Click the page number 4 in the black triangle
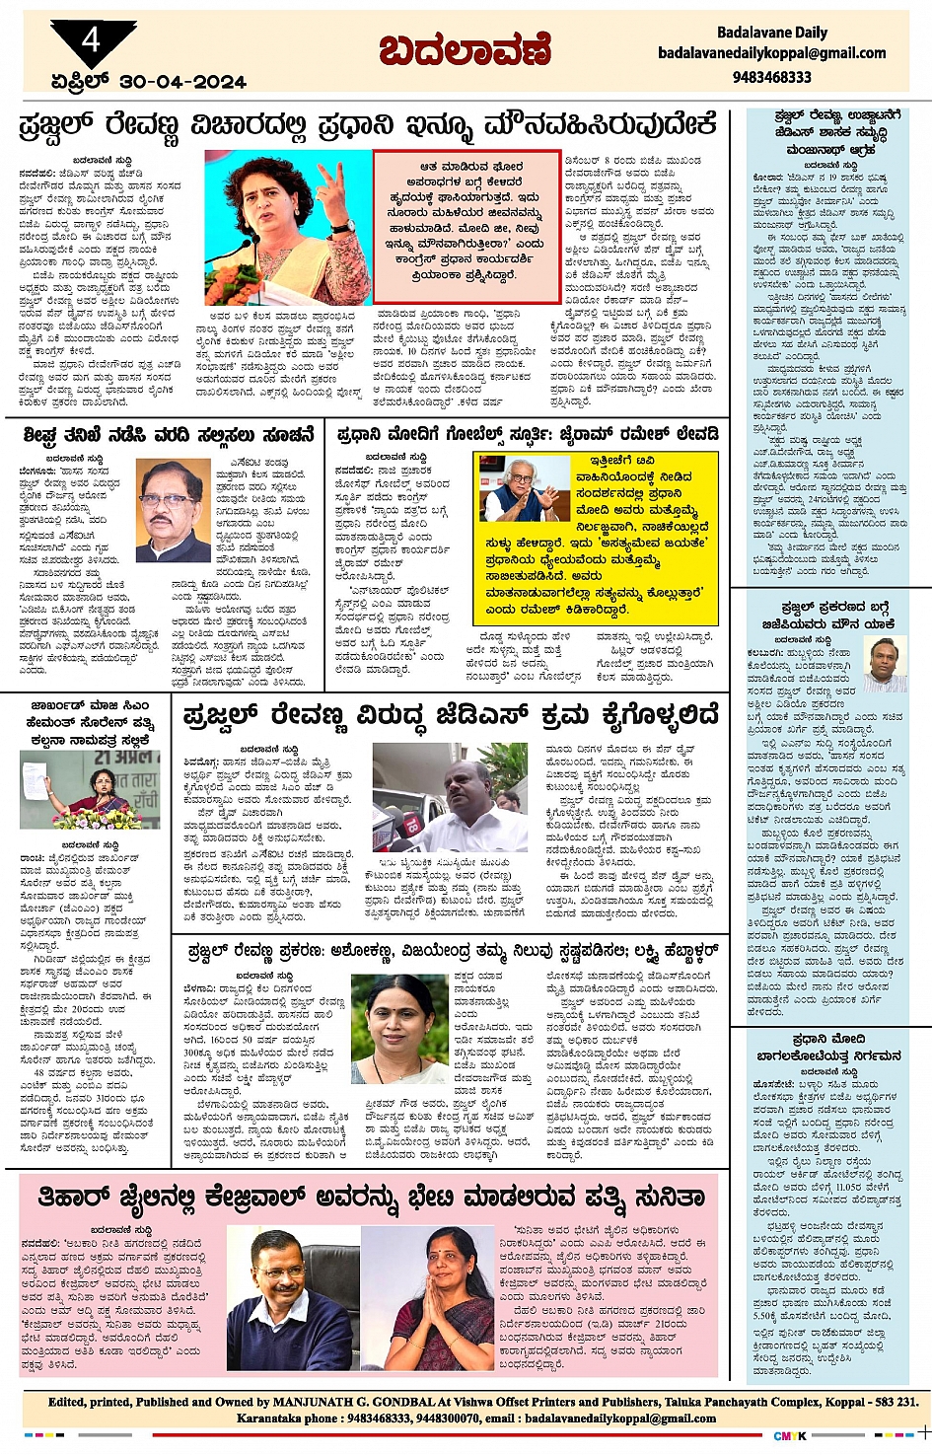[92, 40]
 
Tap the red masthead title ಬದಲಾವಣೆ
[465, 49]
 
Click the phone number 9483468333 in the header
[771, 76]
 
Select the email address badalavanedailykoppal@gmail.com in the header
[771, 53]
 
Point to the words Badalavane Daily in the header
[772, 33]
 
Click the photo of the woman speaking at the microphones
[288, 228]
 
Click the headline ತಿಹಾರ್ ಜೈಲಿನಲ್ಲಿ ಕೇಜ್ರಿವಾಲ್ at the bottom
[372, 1198]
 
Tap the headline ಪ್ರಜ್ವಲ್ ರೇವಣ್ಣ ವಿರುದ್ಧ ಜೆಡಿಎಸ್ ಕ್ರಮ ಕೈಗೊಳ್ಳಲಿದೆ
[451, 716]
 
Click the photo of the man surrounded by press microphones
[451, 797]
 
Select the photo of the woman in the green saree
[399, 1030]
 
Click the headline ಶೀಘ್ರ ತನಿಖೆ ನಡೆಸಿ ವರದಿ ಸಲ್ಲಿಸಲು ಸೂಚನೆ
[169, 434]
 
